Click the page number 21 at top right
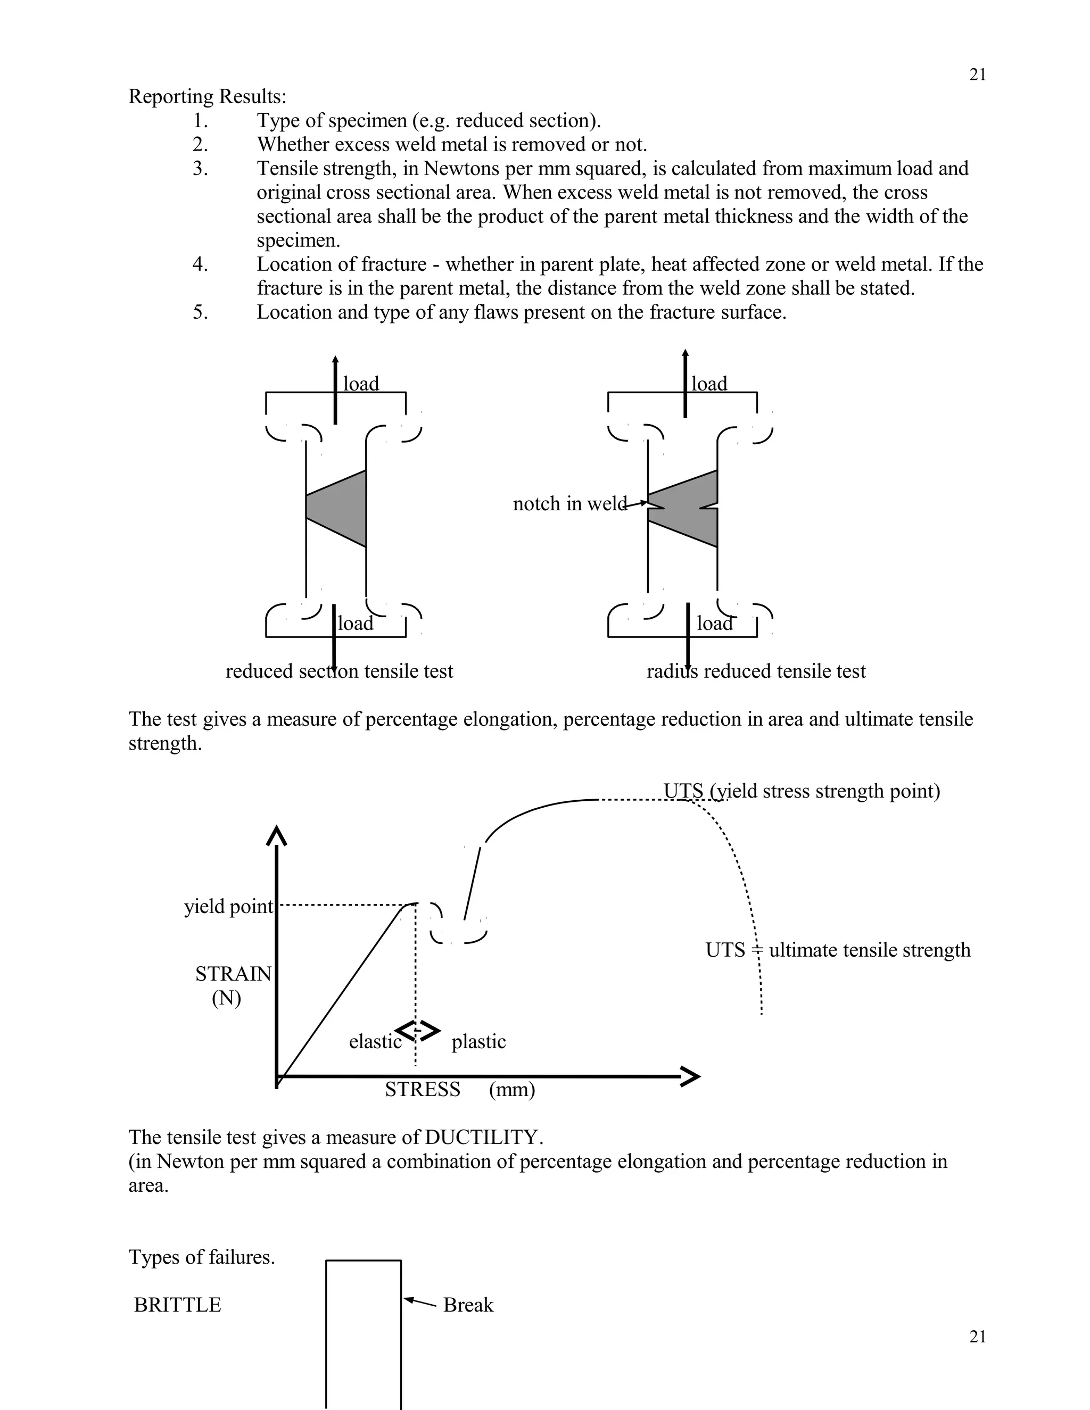click(977, 75)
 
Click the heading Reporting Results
click(207, 96)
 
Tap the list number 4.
click(200, 264)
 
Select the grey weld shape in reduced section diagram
click(343, 508)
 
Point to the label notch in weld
click(569, 503)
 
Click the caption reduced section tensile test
click(339, 671)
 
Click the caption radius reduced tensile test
click(756, 671)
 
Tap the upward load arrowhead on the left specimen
click(335, 360)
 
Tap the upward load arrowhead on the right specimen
click(685, 354)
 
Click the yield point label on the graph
click(228, 907)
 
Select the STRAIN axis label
click(233, 974)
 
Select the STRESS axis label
click(422, 1089)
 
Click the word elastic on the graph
click(375, 1041)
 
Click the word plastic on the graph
click(478, 1041)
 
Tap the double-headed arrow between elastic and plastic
click(417, 1031)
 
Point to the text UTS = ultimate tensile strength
click(838, 950)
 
